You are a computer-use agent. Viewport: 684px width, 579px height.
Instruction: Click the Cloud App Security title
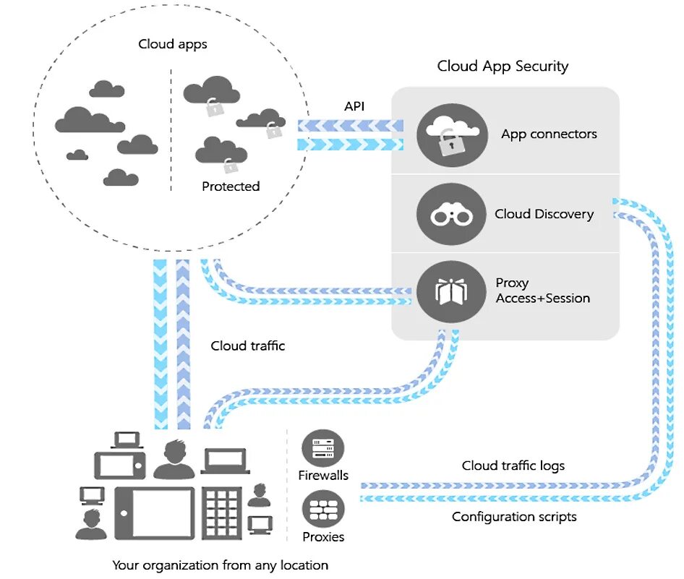[503, 67]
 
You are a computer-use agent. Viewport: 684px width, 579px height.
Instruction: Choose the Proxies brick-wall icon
[322, 510]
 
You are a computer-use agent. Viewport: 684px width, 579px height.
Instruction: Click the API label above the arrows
[354, 106]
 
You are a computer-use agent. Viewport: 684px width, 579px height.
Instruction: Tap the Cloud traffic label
[248, 346]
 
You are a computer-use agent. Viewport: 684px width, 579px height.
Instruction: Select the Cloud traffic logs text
[513, 466]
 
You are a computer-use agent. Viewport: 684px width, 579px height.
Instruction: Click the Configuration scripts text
[514, 516]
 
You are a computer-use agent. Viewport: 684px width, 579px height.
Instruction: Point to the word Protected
[231, 186]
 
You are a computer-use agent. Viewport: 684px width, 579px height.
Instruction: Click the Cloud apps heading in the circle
[173, 45]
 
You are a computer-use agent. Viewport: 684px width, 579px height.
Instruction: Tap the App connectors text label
[550, 134]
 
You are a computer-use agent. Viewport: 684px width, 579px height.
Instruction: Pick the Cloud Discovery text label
[544, 214]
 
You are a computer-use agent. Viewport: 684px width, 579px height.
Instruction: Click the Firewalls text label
[323, 475]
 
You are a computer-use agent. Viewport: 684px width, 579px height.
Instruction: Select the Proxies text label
[323, 537]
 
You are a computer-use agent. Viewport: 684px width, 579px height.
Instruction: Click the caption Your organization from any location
[220, 565]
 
